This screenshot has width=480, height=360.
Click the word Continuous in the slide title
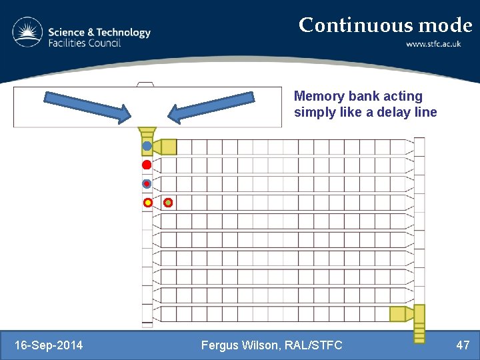pyautogui.click(x=356, y=25)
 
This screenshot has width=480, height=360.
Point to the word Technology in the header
pyautogui.click(x=122, y=32)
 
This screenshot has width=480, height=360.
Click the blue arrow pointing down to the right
pyautogui.click(x=88, y=106)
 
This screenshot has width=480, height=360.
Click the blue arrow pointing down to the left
pyautogui.click(x=211, y=106)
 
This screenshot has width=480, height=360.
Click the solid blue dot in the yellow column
pyautogui.click(x=147, y=146)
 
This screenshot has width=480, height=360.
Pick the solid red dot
pyautogui.click(x=147, y=165)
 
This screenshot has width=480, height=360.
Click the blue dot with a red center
pyautogui.click(x=147, y=183)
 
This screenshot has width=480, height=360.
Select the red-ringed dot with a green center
pyautogui.click(x=168, y=202)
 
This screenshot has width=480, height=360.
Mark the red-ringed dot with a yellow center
pyautogui.click(x=147, y=202)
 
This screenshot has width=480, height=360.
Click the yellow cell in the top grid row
pyautogui.click(x=169, y=147)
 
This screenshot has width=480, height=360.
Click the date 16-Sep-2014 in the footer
pyautogui.click(x=49, y=345)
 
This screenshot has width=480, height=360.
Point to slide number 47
pyautogui.click(x=463, y=345)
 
